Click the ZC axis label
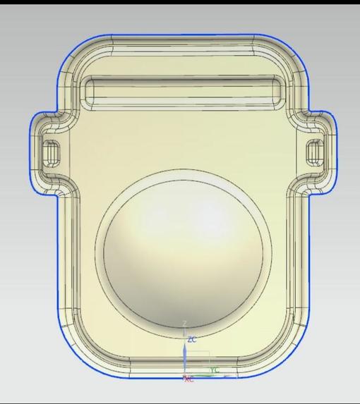(x=193, y=339)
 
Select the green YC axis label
(x=215, y=369)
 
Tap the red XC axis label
(x=188, y=379)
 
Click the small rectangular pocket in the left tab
(x=51, y=151)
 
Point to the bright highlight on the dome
(x=159, y=219)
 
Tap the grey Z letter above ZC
(x=185, y=324)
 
